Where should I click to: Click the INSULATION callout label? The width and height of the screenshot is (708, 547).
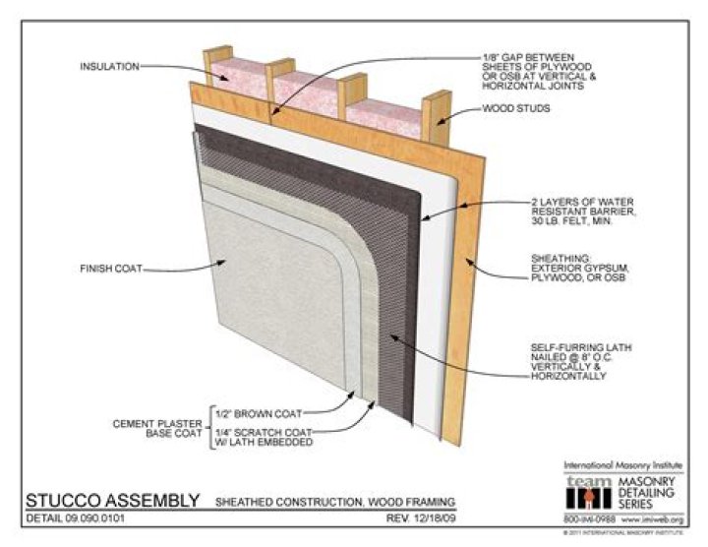111,67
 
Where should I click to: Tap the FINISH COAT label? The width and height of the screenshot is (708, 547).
112,267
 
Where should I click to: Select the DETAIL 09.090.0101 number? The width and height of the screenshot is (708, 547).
75,517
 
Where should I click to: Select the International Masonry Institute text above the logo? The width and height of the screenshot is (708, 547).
624,463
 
